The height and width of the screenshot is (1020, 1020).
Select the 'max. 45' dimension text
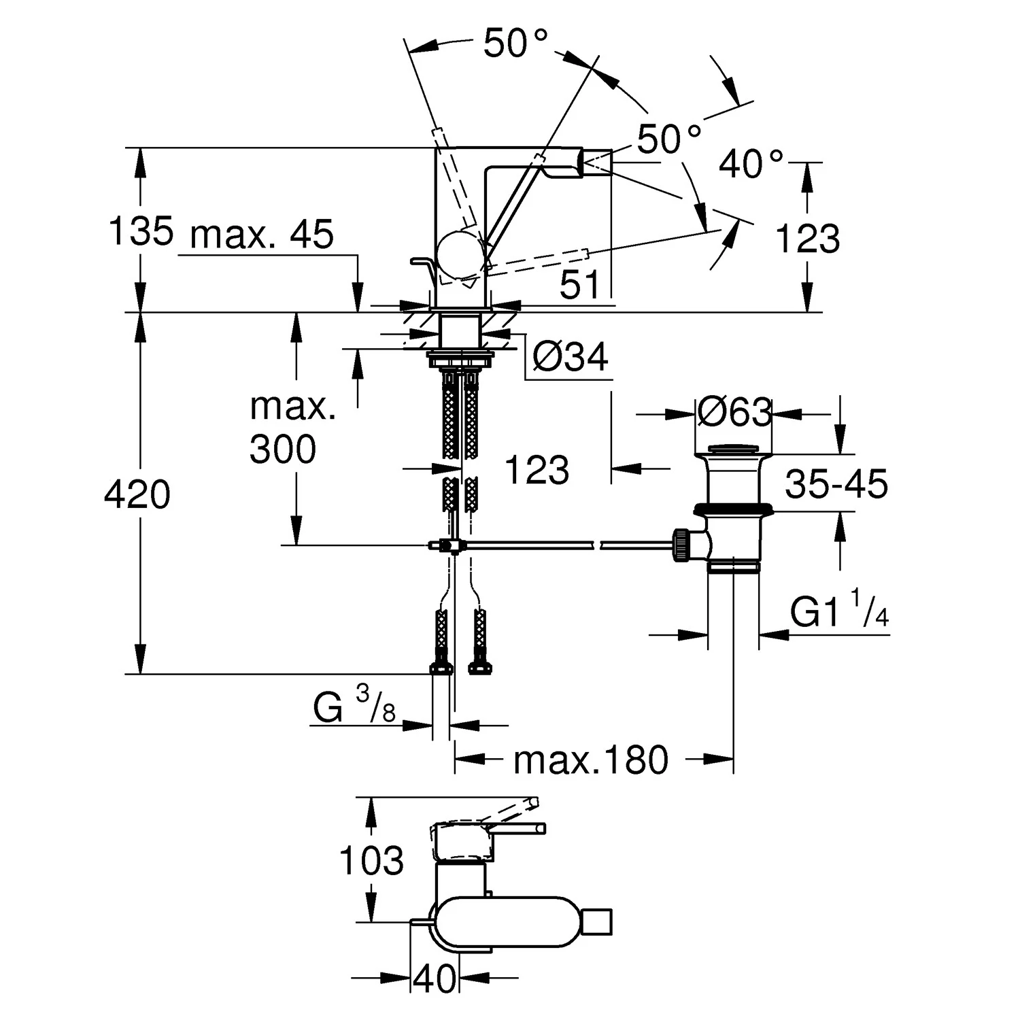pos(262,235)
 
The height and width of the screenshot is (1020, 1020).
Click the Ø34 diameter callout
pos(570,356)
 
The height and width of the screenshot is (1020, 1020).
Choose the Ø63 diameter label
pos(734,412)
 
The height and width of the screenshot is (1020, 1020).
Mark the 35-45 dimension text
pos(836,484)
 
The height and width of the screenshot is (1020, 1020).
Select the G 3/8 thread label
pos(354,707)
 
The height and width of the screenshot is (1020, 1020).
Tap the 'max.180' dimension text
pos(591,760)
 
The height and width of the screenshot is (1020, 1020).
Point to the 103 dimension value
pos(371,861)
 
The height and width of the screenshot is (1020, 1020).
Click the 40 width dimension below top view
pos(435,979)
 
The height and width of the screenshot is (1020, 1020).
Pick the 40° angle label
pos(751,164)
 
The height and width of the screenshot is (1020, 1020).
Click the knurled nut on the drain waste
pos(681,545)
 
